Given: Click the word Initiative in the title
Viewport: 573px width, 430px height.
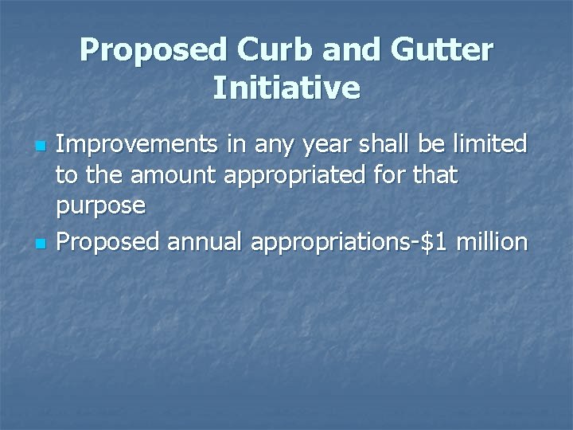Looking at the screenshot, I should click(286, 88).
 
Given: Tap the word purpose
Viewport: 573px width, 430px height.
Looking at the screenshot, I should click(100, 208).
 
